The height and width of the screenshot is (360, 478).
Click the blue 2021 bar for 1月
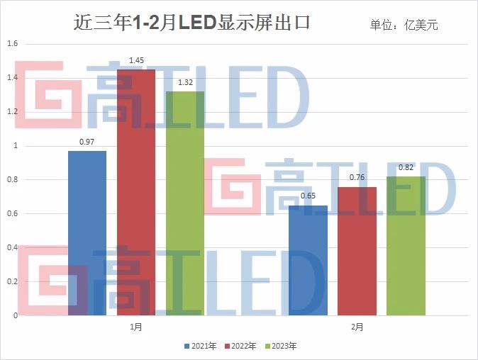tap(87, 233)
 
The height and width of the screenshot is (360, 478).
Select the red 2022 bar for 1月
tap(136, 191)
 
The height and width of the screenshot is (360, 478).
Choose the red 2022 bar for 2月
tap(357, 251)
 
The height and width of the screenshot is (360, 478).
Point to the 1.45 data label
tap(136, 60)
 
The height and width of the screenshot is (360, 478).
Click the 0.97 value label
tap(87, 142)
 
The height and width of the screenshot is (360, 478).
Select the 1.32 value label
tap(185, 83)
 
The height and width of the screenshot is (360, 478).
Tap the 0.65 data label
tap(308, 196)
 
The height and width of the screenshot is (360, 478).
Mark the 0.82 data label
tap(406, 168)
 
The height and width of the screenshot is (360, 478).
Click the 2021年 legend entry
tap(201, 347)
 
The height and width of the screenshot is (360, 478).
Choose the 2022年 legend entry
tap(241, 347)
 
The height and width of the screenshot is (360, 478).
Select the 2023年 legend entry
tap(282, 347)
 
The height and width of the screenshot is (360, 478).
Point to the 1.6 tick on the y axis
tap(11, 44)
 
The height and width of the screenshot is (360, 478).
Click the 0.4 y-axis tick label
tap(11, 248)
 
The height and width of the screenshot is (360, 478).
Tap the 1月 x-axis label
tap(136, 327)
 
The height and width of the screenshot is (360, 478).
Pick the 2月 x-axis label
tap(357, 327)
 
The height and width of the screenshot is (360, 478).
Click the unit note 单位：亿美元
tap(404, 26)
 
